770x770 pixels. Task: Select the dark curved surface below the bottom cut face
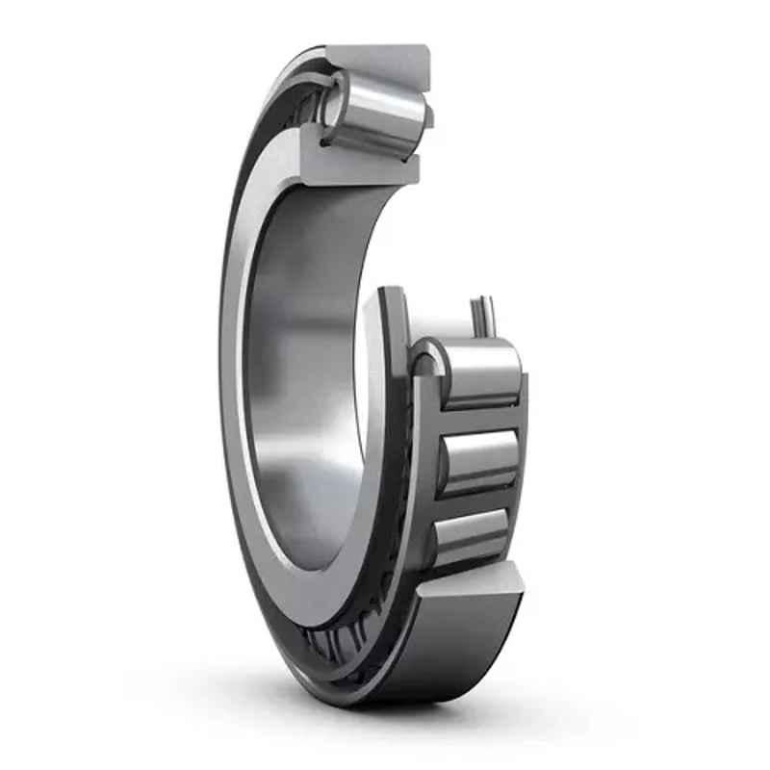tap(452, 654)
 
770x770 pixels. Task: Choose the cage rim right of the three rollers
tap(521, 462)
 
